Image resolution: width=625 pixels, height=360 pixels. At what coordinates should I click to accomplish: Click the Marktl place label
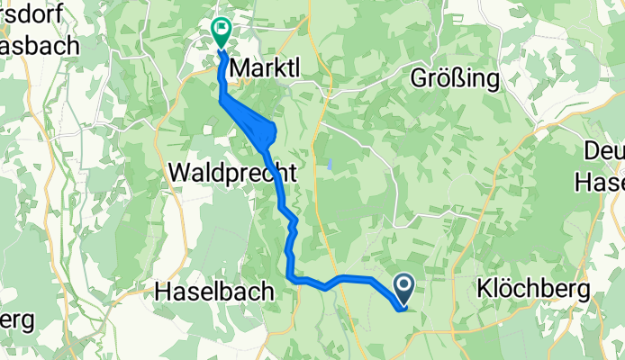pyautogui.click(x=267, y=67)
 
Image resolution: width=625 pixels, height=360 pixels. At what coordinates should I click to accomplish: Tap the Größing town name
pyautogui.click(x=455, y=78)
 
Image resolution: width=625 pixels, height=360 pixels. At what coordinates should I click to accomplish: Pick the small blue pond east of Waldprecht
pyautogui.click(x=330, y=165)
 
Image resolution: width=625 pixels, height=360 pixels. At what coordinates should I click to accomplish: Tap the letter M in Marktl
pyautogui.click(x=241, y=67)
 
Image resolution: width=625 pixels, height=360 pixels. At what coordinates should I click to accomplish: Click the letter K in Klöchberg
pyautogui.click(x=483, y=290)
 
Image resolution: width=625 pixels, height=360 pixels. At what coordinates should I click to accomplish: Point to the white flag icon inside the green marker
pyautogui.click(x=221, y=29)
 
